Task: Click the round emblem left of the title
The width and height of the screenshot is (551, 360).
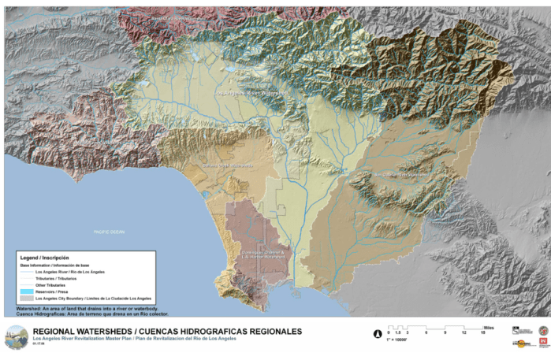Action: (x=15, y=336)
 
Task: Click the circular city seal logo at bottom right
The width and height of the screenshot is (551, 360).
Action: (x=543, y=329)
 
